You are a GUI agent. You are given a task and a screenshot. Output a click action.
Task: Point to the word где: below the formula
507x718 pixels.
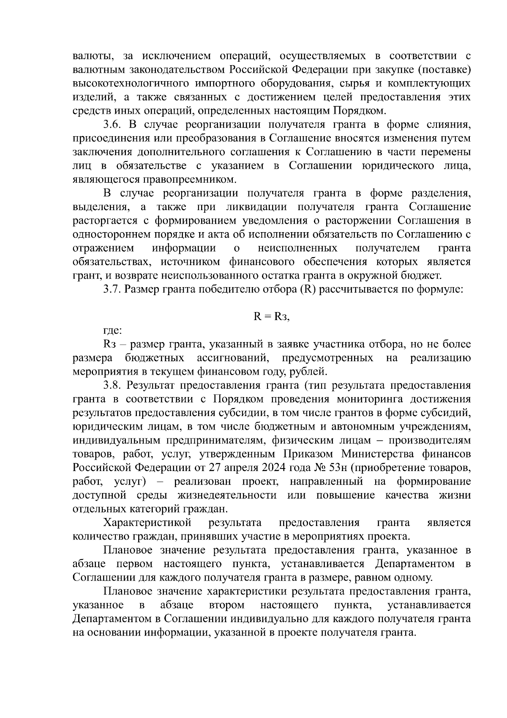click(x=113, y=331)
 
